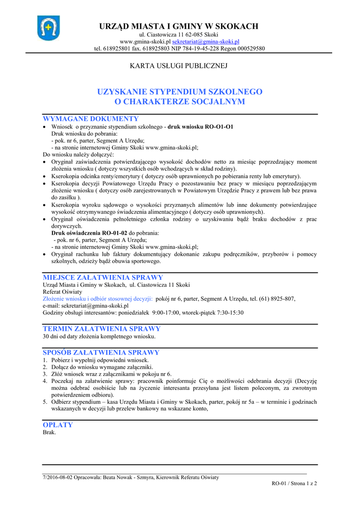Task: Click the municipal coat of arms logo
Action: coord(48,28)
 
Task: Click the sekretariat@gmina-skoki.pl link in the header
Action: coord(206,42)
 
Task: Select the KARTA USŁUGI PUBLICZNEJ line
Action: coord(178,66)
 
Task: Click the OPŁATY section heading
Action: coord(58,425)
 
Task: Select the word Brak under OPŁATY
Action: coord(49,432)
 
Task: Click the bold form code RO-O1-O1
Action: coord(219,127)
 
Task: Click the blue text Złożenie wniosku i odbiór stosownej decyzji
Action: coord(98,299)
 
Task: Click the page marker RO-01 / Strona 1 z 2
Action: coord(294,483)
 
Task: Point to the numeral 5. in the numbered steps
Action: coord(45,402)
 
